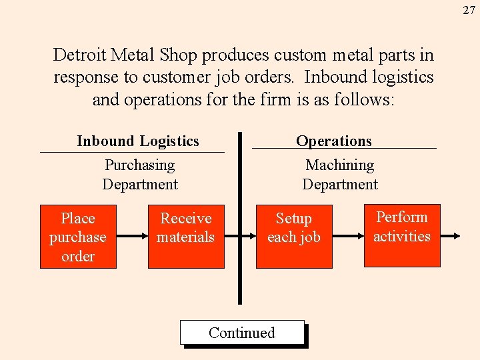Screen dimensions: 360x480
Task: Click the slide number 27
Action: pyautogui.click(x=470, y=10)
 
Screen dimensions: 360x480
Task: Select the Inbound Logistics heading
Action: pyautogui.click(x=138, y=141)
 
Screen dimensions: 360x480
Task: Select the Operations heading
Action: pyautogui.click(x=334, y=141)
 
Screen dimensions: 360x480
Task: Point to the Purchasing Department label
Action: pyautogui.click(x=140, y=175)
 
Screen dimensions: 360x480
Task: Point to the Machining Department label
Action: pyautogui.click(x=340, y=175)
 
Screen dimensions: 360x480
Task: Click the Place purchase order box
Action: pyautogui.click(x=78, y=237)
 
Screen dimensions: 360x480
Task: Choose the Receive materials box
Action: pyautogui.click(x=185, y=237)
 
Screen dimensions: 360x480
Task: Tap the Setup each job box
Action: pyautogui.click(x=293, y=237)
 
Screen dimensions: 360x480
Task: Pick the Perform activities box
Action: pyautogui.click(x=402, y=235)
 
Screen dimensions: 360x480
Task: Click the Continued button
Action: pyautogui.click(x=242, y=333)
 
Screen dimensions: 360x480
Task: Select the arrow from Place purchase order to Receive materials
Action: pyautogui.click(x=132, y=236)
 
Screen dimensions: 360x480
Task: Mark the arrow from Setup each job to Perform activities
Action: pyautogui.click(x=347, y=236)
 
